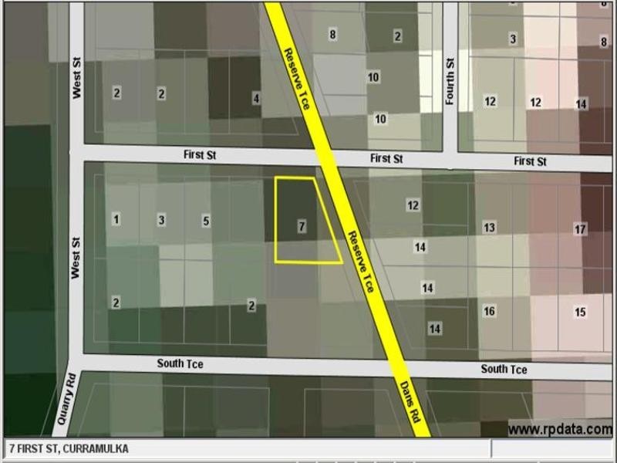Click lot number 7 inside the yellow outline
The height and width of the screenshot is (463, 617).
(x=302, y=226)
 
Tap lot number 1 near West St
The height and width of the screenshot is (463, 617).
(x=116, y=219)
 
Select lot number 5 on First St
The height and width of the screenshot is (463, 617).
(x=206, y=221)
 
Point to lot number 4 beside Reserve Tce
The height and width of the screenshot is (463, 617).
(x=256, y=98)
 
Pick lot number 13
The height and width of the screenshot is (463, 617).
(x=489, y=227)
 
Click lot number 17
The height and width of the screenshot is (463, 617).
(x=580, y=229)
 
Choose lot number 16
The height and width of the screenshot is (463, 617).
(x=489, y=311)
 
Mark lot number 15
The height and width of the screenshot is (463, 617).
(x=580, y=313)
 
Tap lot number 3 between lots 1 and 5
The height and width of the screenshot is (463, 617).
(x=161, y=220)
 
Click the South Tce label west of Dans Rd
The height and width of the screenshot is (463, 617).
(x=180, y=363)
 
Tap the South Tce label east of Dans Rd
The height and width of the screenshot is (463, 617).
(x=504, y=369)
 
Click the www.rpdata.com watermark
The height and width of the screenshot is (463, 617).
(x=560, y=430)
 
